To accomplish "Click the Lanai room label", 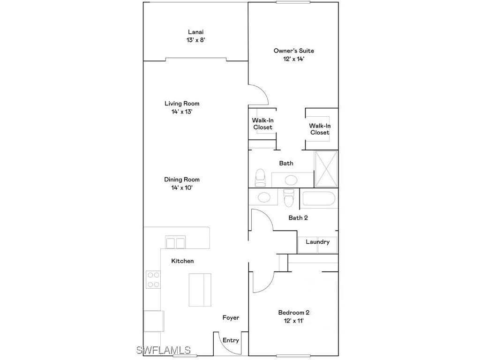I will pos(195,32).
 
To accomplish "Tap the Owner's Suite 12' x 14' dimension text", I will pos(293,59).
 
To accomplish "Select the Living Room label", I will pos(182,104).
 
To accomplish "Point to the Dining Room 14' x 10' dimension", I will pos(182,187).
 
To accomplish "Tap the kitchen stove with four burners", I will pos(153,279).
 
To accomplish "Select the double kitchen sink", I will pos(175,243).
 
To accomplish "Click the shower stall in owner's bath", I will pos(326,168).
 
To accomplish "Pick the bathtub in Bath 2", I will pos(319,199).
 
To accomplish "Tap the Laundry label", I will pos(318,242).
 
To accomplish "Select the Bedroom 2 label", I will pos(293,313).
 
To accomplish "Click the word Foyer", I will pos(231,318).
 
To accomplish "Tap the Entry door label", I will pos(231,340).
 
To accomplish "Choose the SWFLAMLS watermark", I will pos(164,350).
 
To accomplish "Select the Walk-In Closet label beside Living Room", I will pos(262,124).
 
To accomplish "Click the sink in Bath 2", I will pos(264,197).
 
